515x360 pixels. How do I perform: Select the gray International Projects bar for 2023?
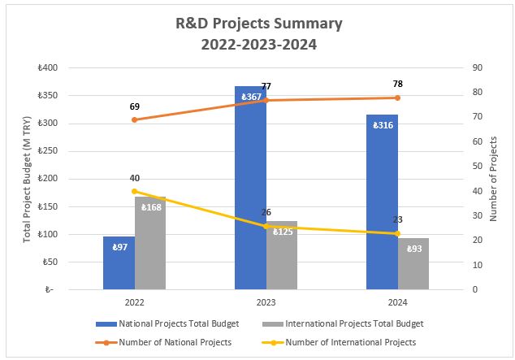[x=281, y=255]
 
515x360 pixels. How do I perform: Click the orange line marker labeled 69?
[x=135, y=119]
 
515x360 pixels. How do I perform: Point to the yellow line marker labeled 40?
[x=135, y=191]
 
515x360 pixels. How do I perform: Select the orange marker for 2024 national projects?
[x=397, y=98]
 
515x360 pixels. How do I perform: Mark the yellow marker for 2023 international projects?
[x=266, y=226]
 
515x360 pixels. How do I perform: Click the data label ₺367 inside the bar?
[x=250, y=98]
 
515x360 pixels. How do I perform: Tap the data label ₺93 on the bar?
[x=413, y=248]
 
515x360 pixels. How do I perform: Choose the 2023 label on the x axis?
[x=266, y=301]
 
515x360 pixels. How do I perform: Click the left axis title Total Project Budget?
[x=28, y=178]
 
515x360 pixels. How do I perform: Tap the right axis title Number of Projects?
[x=493, y=178]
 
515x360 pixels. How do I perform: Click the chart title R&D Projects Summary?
[x=259, y=24]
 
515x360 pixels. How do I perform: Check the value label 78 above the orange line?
[x=397, y=84]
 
